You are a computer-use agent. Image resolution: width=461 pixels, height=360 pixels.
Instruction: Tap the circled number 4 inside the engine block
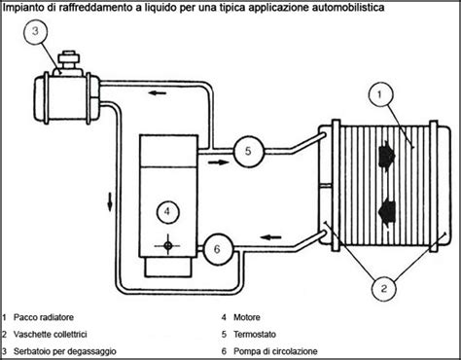(167, 209)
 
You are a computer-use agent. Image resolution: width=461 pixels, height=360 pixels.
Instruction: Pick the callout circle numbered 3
(34, 31)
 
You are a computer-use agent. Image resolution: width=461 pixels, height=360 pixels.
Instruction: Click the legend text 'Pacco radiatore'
(48, 317)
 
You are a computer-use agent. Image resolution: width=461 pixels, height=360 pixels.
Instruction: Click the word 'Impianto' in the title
(25, 8)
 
